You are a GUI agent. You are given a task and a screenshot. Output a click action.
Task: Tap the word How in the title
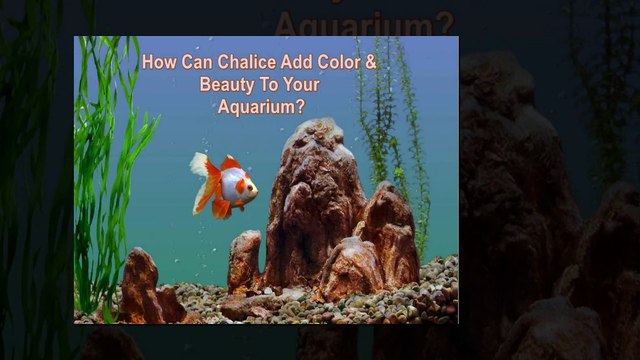coord(158,61)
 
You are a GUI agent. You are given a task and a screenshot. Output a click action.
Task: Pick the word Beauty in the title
coord(227,84)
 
